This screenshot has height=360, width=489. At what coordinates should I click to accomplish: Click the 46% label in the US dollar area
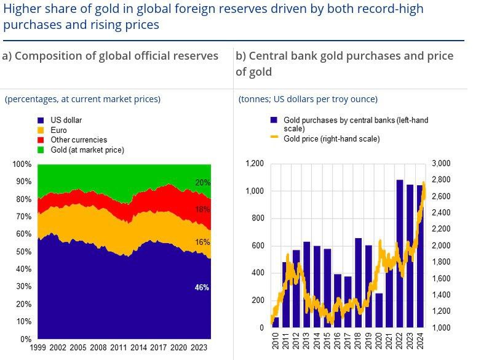point(202,287)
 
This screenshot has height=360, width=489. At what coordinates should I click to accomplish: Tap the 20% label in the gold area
point(203,183)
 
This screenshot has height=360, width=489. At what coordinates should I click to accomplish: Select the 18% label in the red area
point(203,209)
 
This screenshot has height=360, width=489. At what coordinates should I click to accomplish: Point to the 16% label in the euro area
point(203,242)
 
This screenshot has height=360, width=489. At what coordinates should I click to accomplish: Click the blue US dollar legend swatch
point(41,121)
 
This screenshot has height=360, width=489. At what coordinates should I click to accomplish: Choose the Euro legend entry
point(58,130)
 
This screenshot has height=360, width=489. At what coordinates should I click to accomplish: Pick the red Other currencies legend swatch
point(41,140)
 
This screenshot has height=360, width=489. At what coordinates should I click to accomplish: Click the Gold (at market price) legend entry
point(87,150)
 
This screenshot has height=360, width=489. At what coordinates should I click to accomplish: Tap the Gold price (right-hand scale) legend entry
point(332,139)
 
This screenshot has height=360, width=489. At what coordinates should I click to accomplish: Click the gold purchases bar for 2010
point(276,322)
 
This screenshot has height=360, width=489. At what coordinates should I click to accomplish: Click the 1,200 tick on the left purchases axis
point(255,164)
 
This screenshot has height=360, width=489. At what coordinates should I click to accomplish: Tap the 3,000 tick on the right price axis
point(442,163)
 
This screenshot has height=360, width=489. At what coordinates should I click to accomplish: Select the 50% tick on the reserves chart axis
point(22,252)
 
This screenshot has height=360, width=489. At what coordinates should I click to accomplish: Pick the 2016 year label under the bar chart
point(338,340)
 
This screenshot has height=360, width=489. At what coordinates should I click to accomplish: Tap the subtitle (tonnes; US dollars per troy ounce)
point(308,99)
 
